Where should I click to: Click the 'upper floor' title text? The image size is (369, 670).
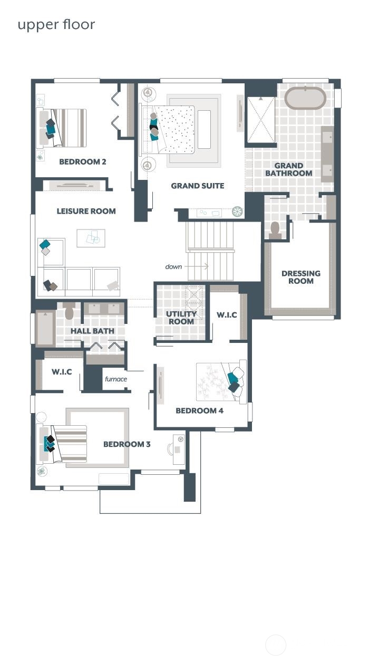coord(56,25)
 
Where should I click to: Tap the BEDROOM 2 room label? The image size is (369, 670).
coord(82,162)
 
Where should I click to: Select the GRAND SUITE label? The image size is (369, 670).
coord(197,186)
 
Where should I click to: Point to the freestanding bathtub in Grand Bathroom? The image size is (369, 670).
coord(305,98)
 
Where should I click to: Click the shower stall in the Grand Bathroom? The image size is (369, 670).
coord(261,119)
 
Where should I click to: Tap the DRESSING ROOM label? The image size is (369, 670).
coord(300,277)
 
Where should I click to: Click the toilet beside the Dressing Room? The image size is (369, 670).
coord(275,229)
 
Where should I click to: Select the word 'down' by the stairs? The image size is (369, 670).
coord(173,266)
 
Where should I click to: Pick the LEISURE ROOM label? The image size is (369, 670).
coord(86,211)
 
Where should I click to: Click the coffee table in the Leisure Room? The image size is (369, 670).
coord(91,238)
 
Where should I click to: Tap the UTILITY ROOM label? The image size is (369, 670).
coord(181,318)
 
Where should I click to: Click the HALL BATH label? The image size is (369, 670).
coord(92,331)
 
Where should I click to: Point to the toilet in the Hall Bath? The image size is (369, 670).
coord(70,311)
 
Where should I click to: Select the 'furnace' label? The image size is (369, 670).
coord(115,379)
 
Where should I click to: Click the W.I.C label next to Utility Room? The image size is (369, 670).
coord(227,315)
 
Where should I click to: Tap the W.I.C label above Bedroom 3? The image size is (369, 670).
coord(62,372)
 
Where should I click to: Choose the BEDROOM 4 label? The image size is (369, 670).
coord(200,410)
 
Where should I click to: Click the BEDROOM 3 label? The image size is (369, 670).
coord(127,444)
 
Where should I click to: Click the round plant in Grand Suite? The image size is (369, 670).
coord(238,212)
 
